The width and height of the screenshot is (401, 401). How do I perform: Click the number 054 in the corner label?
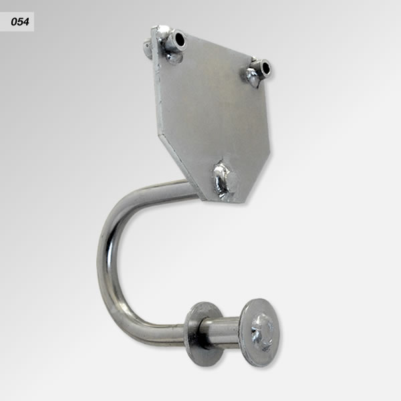20,22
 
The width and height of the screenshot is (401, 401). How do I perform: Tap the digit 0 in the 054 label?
14,22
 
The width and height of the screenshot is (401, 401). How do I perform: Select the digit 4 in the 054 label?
26,22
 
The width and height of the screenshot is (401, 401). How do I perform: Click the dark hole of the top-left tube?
180,39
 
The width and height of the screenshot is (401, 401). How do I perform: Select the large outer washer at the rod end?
261,332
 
